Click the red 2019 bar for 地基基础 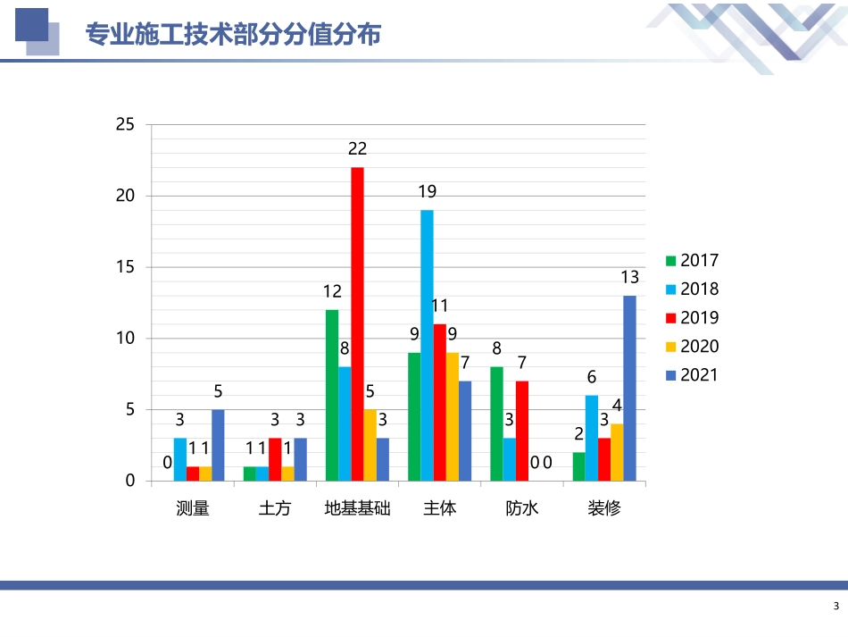point(357,323)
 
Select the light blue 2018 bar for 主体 point(427,345)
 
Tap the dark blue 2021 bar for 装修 point(629,388)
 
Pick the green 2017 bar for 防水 point(496,423)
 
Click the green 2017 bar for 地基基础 point(331,395)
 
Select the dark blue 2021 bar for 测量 point(218,445)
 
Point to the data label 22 point(357,149)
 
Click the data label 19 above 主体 point(427,191)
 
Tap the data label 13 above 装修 point(629,277)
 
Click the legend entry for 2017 point(692,261)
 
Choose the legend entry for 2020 point(692,347)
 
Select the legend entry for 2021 point(692,375)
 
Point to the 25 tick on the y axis point(125,125)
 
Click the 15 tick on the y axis point(125,267)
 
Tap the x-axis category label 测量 point(193,509)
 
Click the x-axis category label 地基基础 point(357,509)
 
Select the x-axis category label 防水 point(522,509)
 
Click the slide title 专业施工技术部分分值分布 point(233,35)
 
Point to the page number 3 point(836,608)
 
